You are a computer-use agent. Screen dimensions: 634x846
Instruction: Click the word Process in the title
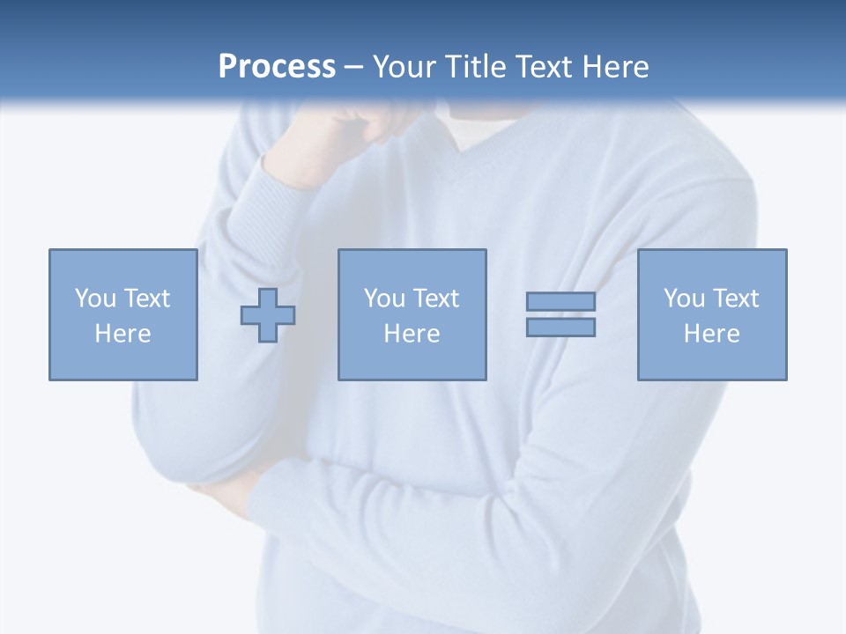tap(277, 67)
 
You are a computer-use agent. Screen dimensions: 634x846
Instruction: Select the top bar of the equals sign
tap(560, 301)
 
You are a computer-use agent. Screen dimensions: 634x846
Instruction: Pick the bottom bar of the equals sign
tap(560, 328)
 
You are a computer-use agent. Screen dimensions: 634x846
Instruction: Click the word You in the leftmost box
tap(95, 299)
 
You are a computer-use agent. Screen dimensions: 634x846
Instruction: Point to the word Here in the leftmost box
tap(122, 334)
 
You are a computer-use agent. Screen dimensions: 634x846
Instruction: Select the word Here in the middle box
tap(412, 334)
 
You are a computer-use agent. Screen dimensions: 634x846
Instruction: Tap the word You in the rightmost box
tap(684, 299)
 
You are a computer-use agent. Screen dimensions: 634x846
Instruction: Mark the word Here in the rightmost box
tap(711, 334)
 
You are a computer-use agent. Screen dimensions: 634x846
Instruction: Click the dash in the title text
tap(353, 67)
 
